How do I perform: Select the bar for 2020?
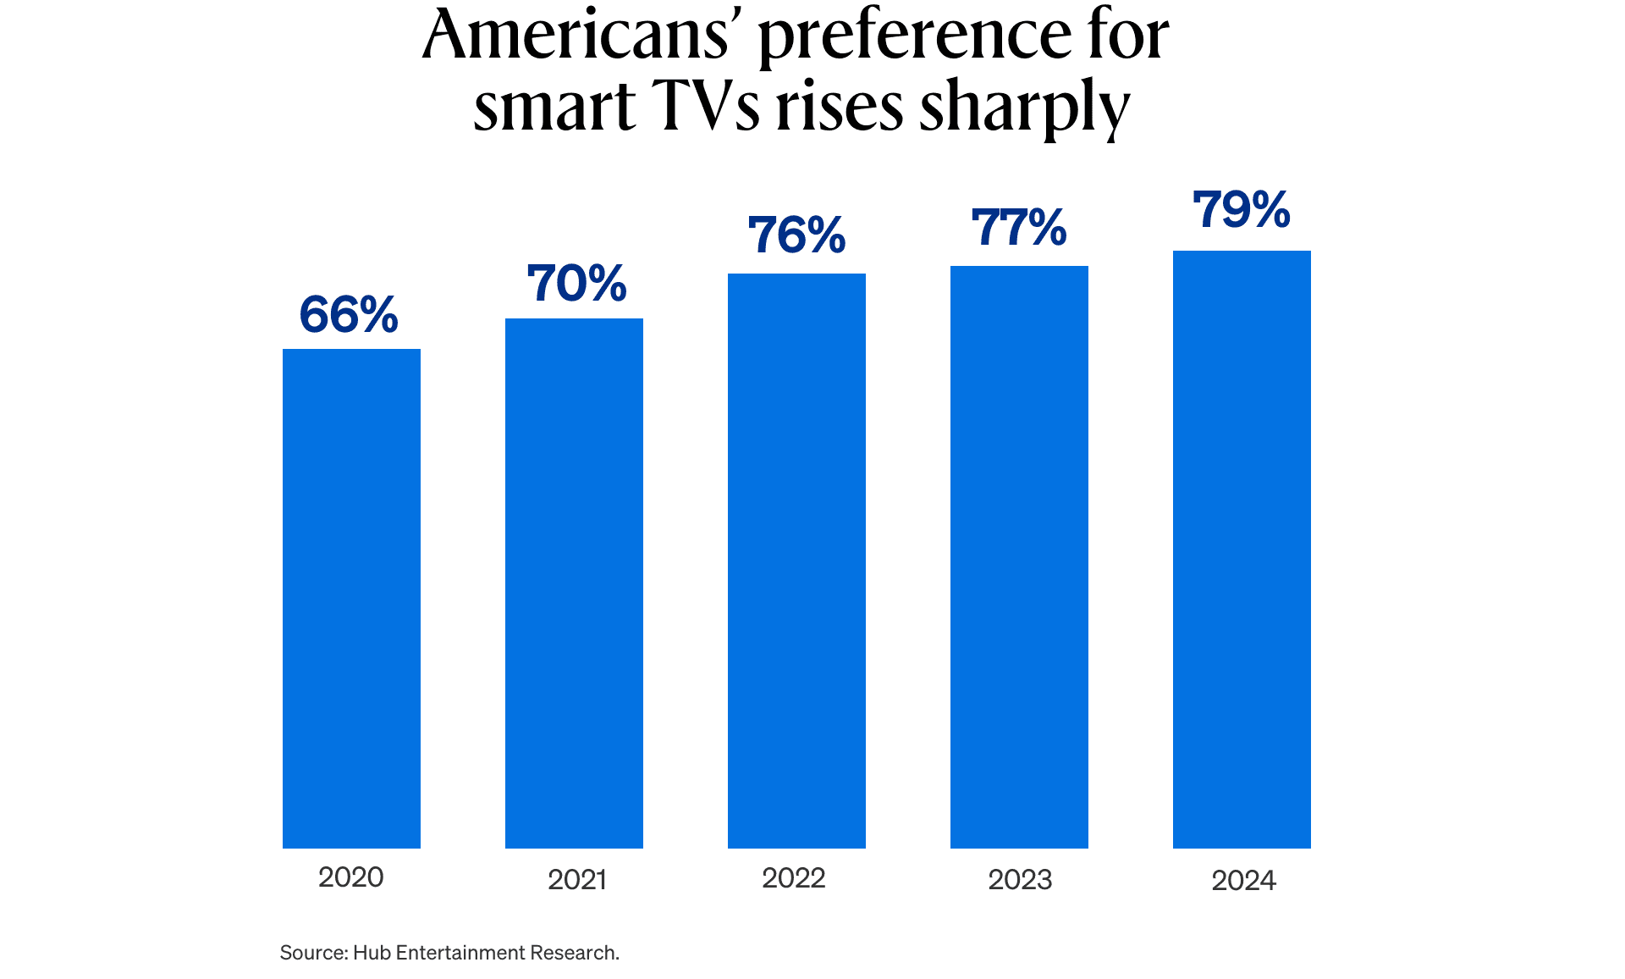coord(351,598)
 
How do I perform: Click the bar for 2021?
coord(574,583)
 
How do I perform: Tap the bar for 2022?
coord(796,561)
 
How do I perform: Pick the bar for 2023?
coord(1019,556)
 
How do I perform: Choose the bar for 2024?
coord(1242,549)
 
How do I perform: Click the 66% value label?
coord(349,314)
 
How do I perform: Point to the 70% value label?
coord(576,283)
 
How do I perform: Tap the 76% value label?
coord(796,235)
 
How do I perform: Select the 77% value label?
coord(1019,227)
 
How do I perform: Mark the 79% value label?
coord(1242,209)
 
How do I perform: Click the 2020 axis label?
coord(350,877)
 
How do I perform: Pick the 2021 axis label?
coord(577,880)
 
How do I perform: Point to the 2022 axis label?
coord(794,878)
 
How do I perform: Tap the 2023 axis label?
coord(1020,880)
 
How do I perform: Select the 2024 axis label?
coord(1243,881)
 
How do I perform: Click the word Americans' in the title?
coord(576,36)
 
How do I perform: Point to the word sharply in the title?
coord(1024,108)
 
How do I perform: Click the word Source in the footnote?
coord(312,953)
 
